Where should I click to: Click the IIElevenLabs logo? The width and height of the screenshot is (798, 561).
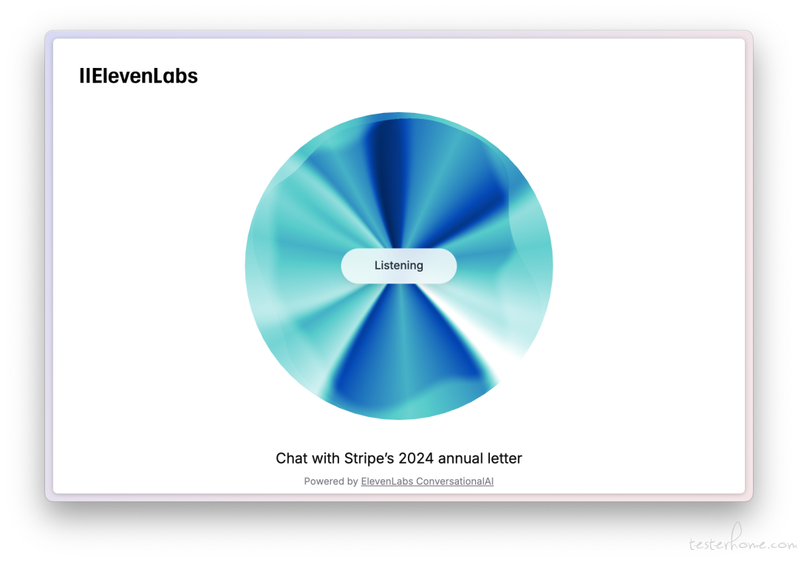(x=138, y=76)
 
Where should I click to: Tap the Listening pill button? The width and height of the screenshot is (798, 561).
(x=399, y=266)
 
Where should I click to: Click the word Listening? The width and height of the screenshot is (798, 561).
(x=399, y=266)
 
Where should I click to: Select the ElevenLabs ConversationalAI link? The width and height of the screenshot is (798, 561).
(x=427, y=481)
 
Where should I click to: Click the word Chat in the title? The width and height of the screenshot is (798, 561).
(x=292, y=458)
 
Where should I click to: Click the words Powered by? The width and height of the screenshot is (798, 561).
(x=331, y=481)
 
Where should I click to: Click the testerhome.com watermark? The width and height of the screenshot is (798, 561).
(x=743, y=540)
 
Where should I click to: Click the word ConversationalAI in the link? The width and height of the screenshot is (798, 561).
(x=455, y=481)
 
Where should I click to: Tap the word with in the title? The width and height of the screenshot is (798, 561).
(x=327, y=458)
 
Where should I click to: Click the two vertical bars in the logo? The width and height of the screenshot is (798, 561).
(x=84, y=76)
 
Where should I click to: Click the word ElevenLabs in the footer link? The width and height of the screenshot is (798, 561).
(x=387, y=481)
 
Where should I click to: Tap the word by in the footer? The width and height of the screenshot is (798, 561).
(x=353, y=482)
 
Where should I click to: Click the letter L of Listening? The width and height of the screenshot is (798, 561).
(x=378, y=265)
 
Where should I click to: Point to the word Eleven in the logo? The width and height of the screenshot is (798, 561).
(x=122, y=76)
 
